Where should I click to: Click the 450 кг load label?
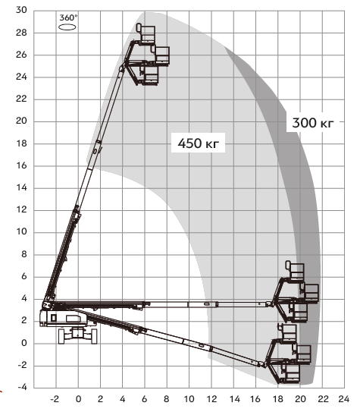[x=198, y=143]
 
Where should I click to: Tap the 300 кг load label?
[x=313, y=123]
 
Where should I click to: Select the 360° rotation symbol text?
[x=68, y=18]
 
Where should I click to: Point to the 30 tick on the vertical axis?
[x=21, y=10]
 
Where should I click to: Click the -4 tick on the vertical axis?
[x=22, y=387]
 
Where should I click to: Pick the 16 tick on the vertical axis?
[x=21, y=165]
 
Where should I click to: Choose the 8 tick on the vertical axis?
[x=24, y=254]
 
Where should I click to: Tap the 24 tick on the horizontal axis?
[x=344, y=399]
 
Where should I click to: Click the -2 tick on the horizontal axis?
[x=55, y=399]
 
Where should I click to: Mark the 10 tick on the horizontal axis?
[x=189, y=399]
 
